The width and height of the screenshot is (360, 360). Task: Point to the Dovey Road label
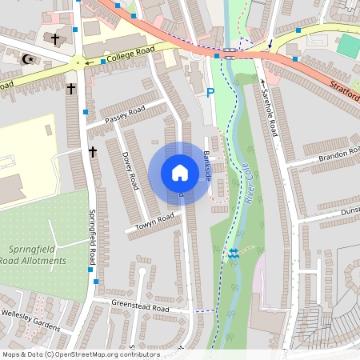(126, 166)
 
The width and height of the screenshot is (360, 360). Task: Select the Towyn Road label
(154, 221)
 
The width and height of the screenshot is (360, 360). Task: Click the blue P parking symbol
(210, 93)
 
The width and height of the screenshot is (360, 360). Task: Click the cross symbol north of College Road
(55, 38)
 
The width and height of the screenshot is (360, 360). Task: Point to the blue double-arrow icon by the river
(234, 253)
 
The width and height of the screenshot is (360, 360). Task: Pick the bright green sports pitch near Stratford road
(348, 45)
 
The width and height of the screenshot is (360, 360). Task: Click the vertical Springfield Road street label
(93, 238)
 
